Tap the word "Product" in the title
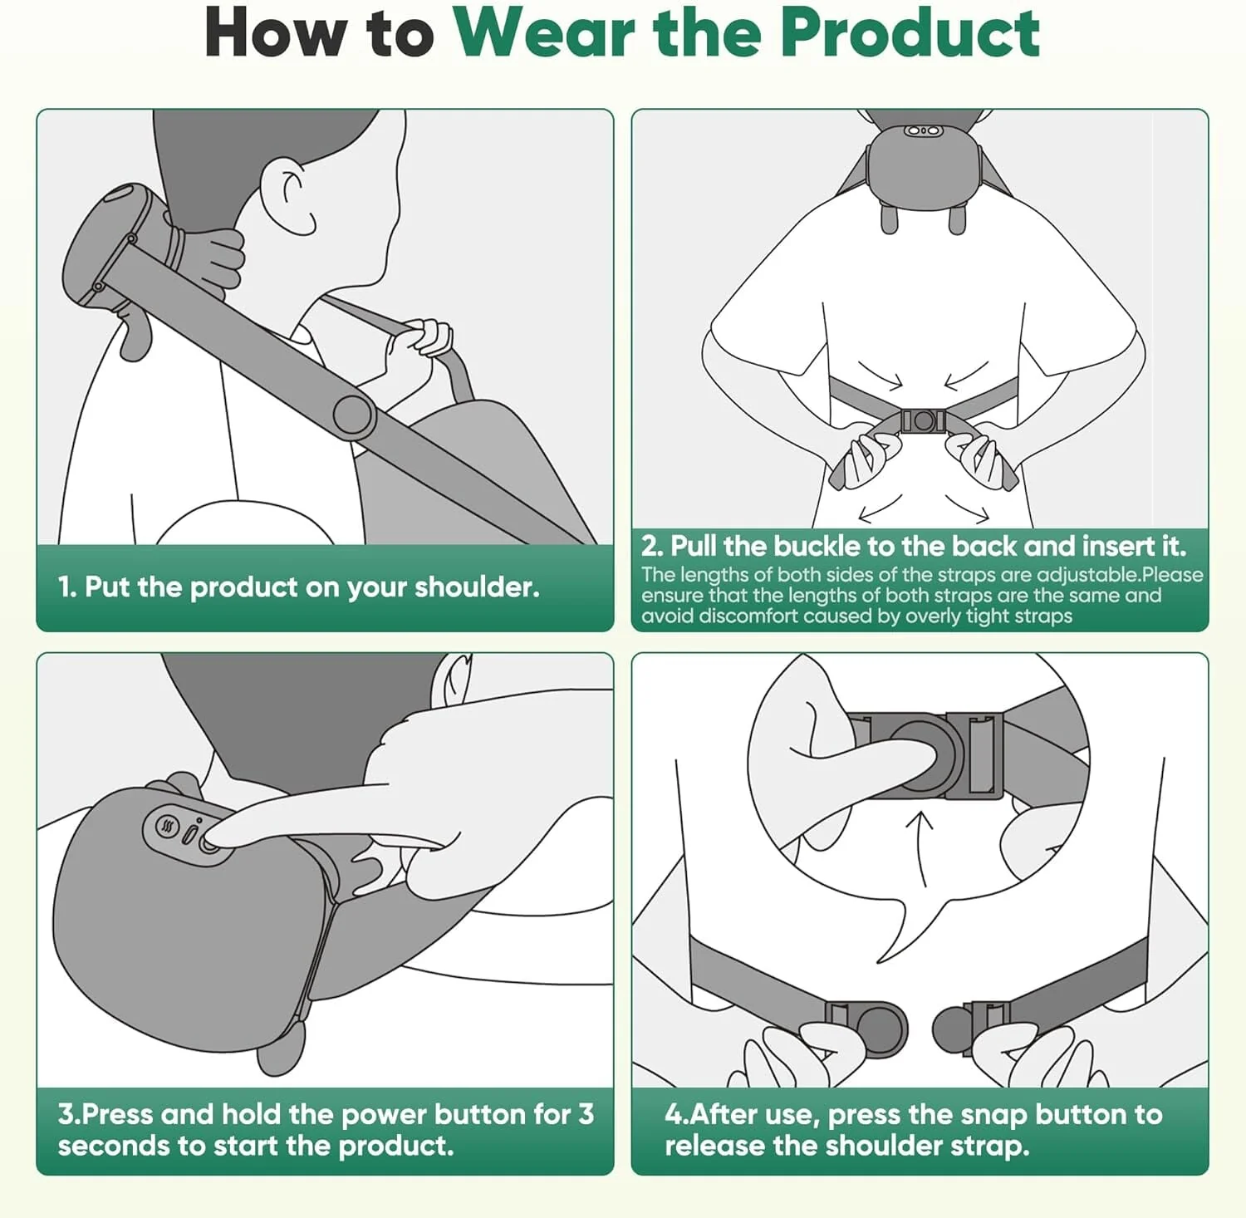(910, 33)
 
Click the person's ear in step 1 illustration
(290, 196)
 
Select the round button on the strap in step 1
(352, 413)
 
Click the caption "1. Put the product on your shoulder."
(299, 587)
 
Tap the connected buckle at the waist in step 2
(923, 420)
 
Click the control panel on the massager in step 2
(922, 131)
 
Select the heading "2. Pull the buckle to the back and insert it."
(913, 546)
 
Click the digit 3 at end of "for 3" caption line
(586, 1114)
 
